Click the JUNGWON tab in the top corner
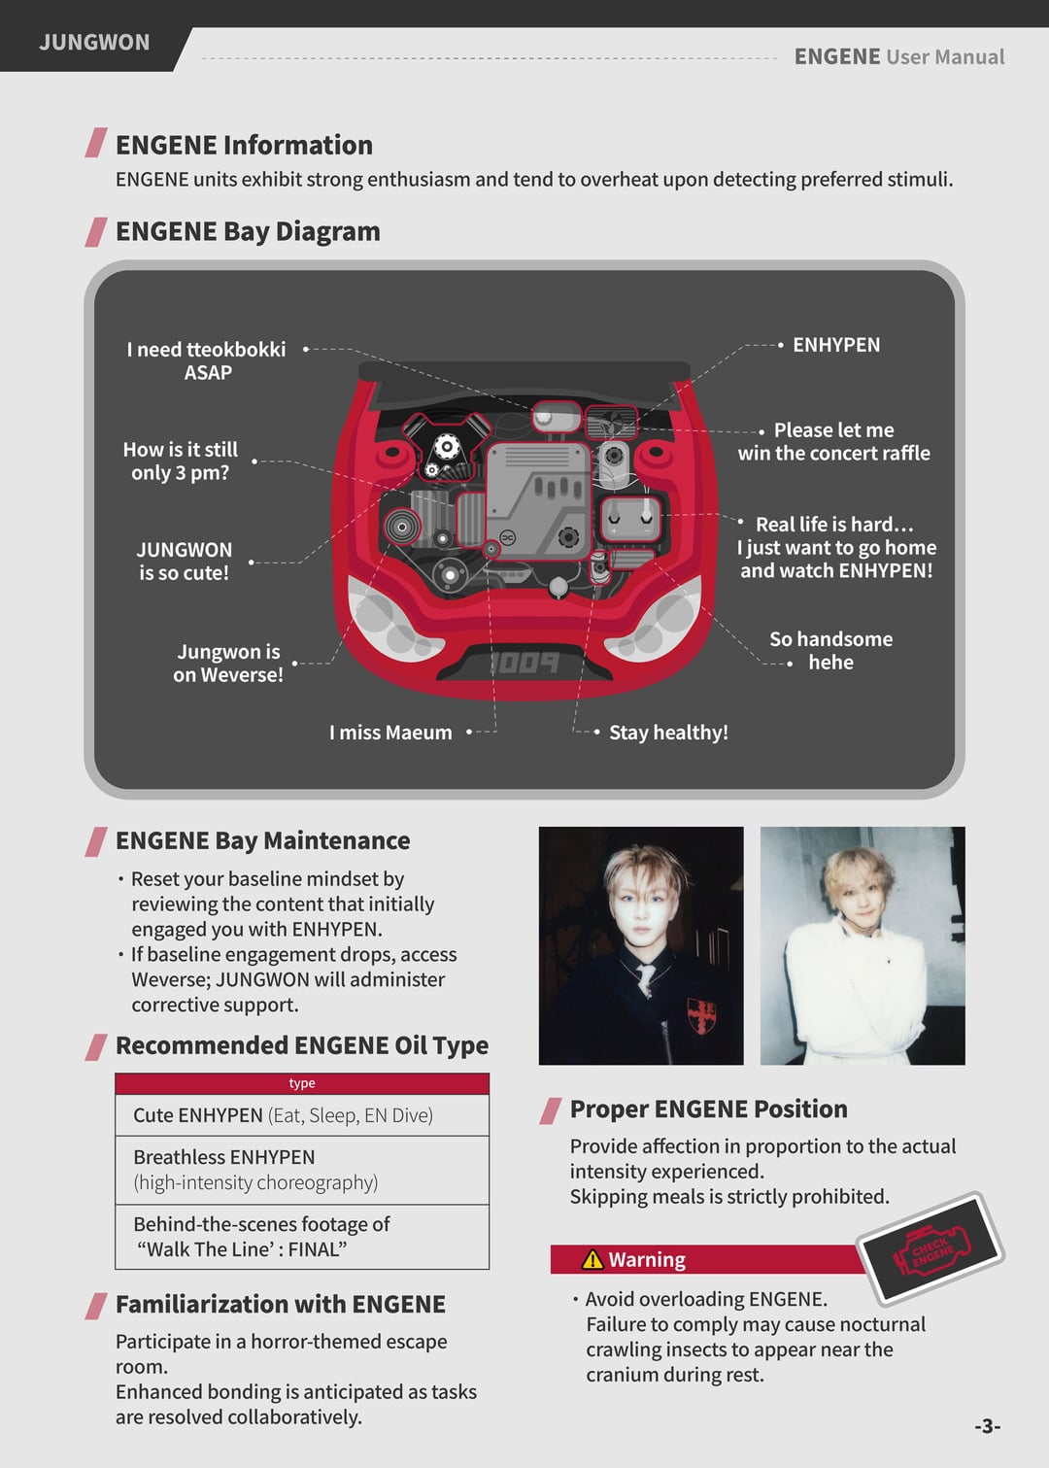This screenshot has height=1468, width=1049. pos(94,43)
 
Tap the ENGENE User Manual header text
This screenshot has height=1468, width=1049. pos(898,56)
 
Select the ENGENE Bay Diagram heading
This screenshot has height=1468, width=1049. pos(248,231)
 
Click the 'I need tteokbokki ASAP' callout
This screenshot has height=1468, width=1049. pos(207,360)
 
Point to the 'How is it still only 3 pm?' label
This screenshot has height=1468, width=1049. pos(181,461)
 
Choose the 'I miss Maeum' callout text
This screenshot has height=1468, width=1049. pos(390,733)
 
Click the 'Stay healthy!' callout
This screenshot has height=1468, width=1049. pos(668,733)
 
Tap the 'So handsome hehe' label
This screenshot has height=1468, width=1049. pos(830,650)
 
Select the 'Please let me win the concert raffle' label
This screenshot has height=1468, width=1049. pos(833,441)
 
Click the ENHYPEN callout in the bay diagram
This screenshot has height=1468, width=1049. pos(836,345)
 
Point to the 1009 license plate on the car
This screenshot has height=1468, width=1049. pos(524,663)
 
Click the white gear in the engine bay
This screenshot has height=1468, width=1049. pos(447,447)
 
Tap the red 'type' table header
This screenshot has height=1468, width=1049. pos(302,1083)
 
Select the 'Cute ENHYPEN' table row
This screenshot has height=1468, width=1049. pos(302,1115)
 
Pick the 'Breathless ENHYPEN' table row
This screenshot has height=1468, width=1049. pos(302,1170)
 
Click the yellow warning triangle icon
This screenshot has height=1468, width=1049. pos(592,1260)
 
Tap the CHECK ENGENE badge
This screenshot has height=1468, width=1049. pos(931,1248)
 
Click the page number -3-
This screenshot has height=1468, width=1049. pos(987,1426)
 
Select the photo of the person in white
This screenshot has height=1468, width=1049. pos(863,945)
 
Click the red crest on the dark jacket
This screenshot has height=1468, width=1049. pos(700,1015)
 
